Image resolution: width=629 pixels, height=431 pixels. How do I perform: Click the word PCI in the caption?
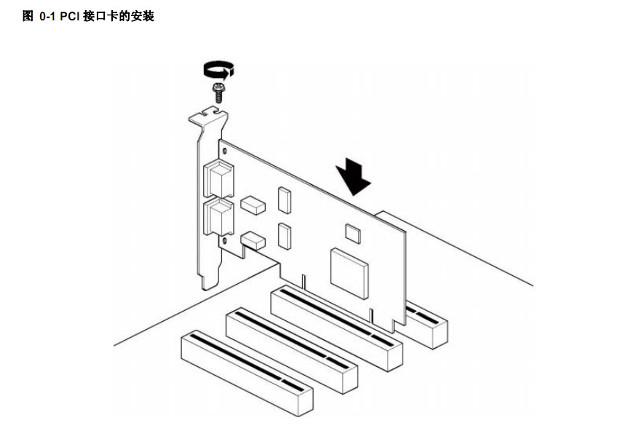[70, 15]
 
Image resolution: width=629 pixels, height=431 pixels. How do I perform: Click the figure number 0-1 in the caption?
[47, 15]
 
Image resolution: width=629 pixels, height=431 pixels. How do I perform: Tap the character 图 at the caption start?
[28, 15]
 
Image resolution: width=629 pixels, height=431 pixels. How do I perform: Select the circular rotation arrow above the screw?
[218, 69]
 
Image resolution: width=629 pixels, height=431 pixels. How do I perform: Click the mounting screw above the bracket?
[217, 91]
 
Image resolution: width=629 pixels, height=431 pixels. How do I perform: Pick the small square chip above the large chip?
[353, 233]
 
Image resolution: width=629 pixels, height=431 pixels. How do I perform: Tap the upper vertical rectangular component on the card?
[283, 199]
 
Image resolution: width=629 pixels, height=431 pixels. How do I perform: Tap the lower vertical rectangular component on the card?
[283, 234]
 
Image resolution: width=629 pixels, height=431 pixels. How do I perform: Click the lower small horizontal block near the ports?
[252, 239]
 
